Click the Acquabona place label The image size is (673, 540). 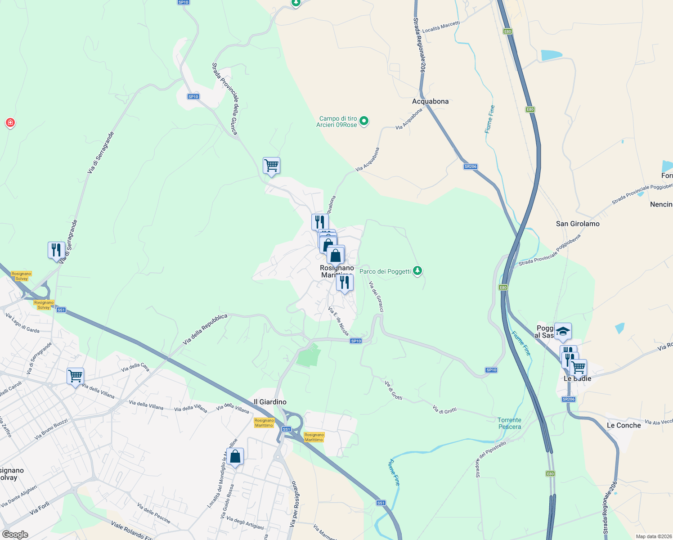(430, 101)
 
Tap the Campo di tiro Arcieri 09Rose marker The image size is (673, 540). (364, 121)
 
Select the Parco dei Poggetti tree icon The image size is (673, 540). (418, 271)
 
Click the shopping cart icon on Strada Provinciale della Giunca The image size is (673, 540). (271, 166)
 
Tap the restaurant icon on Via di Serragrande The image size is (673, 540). (56, 250)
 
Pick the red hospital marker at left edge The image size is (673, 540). (10, 122)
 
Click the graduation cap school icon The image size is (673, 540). (563, 332)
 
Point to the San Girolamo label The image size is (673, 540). (578, 224)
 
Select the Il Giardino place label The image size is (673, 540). (270, 402)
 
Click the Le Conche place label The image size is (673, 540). (624, 425)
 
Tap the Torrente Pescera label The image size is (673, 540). (509, 423)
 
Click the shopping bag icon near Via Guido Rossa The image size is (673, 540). (235, 457)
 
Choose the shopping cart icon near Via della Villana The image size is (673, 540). (75, 376)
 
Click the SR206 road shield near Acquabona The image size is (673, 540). (470, 166)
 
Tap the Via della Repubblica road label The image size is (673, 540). (205, 330)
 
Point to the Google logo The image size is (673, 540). (15, 535)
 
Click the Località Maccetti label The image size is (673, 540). (441, 27)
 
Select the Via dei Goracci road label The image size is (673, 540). (376, 297)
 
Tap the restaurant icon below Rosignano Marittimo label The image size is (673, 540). (345, 283)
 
